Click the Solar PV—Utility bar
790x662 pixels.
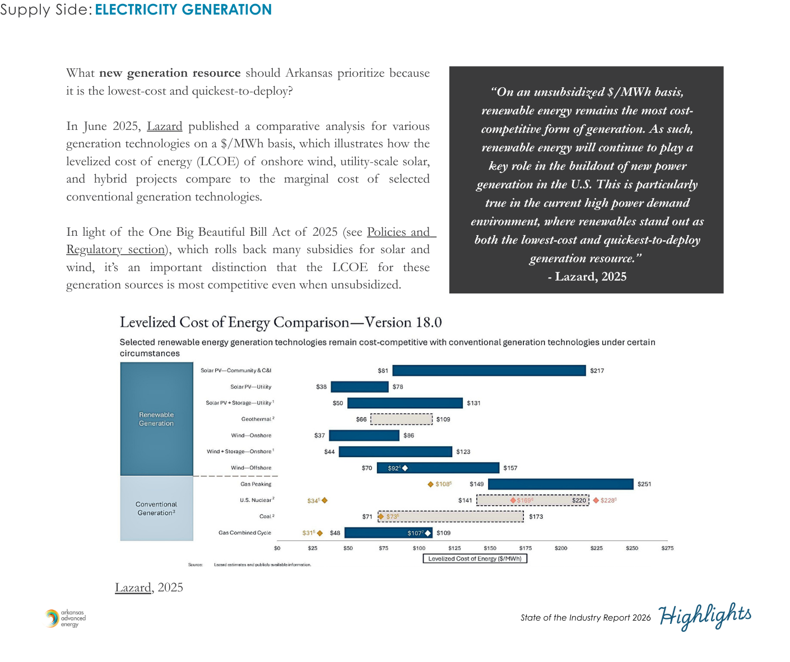tap(359, 386)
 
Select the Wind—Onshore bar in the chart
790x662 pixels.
tap(364, 435)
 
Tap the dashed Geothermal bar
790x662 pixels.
tap(401, 419)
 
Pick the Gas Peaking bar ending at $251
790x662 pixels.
tap(560, 484)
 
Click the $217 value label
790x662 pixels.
tap(597, 371)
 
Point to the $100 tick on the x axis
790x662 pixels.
tap(419, 548)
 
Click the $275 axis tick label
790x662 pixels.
tap(667, 548)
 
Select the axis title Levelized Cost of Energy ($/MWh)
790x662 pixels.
tap(475, 558)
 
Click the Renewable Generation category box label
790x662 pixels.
tap(156, 419)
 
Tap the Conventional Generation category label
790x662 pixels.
tap(156, 509)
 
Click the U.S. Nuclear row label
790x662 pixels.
tap(257, 500)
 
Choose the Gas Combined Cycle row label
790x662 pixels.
tap(245, 533)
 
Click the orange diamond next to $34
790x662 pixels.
tap(324, 500)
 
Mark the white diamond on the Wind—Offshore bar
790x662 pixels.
tap(405, 468)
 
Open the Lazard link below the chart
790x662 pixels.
tap(133, 588)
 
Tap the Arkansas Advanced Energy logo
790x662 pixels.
tap(66, 618)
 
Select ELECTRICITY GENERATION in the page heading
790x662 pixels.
tap(183, 10)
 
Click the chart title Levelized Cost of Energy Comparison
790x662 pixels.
tap(280, 322)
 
